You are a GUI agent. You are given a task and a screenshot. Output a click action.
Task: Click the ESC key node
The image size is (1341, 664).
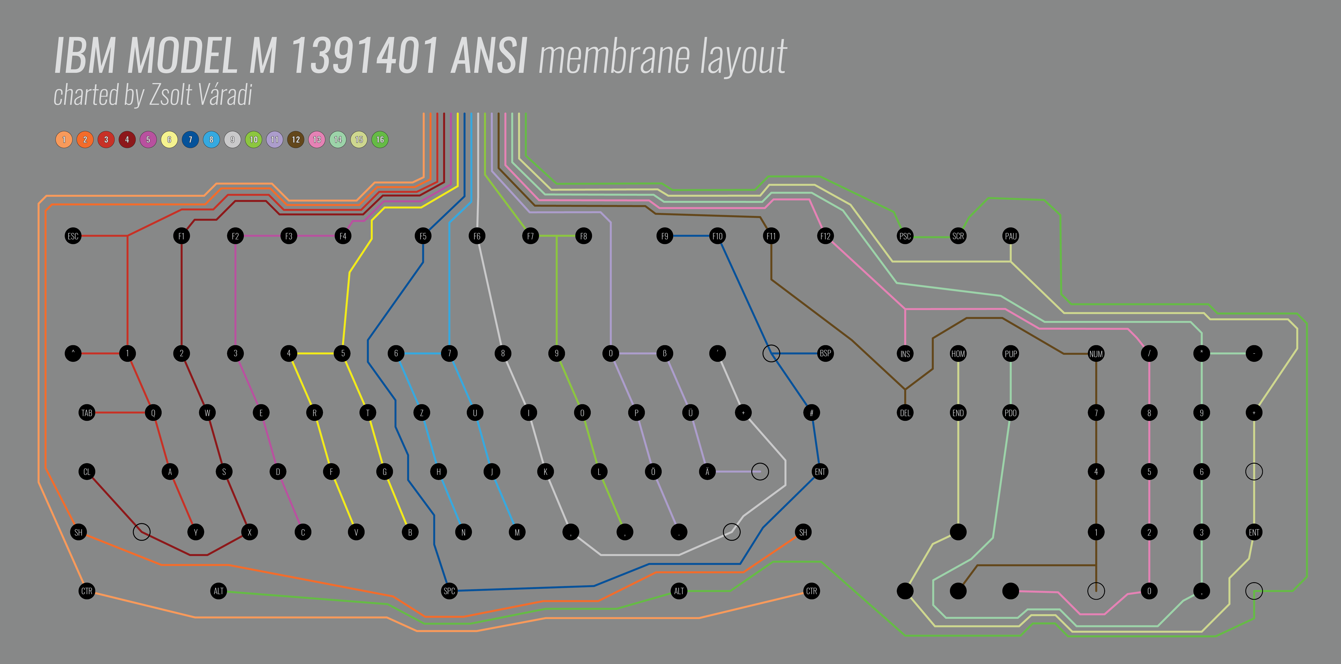[73, 236]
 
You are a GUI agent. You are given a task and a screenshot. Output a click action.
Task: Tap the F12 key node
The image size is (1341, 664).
[825, 236]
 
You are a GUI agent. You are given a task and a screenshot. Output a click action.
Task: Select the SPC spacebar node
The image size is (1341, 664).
[449, 591]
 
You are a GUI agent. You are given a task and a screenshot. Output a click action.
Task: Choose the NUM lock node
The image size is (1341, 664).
[1096, 354]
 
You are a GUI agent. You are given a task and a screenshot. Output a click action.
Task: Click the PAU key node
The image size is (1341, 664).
[1010, 236]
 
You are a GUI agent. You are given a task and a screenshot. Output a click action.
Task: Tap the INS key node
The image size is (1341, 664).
[905, 354]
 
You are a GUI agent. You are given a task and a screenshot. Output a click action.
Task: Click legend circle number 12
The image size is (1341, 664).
[296, 139]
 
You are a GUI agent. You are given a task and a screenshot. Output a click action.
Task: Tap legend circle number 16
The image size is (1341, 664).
[380, 139]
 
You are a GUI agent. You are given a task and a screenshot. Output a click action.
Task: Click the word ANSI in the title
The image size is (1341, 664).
[489, 56]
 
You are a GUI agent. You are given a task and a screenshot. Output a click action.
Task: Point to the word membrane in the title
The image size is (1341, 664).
[614, 57]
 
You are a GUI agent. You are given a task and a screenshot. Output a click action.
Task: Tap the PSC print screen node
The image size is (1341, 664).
[905, 236]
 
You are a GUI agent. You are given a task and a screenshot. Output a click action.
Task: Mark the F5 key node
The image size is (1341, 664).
[423, 236]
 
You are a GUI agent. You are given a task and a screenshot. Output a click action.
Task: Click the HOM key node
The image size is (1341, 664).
[958, 354]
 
